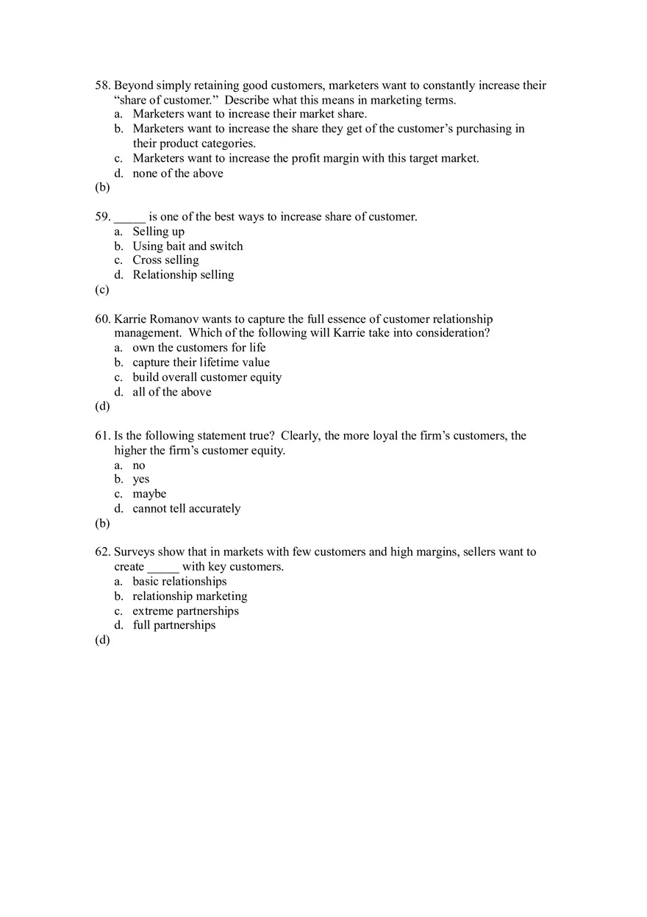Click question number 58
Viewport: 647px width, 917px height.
coord(103,86)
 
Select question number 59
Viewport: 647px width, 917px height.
coord(103,217)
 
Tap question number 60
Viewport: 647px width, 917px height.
coord(103,319)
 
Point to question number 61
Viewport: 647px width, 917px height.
coord(103,436)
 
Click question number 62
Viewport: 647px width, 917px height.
coord(103,552)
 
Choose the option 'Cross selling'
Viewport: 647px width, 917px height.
coord(165,260)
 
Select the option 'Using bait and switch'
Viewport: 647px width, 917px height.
coord(187,246)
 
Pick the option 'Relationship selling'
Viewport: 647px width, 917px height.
coord(183,275)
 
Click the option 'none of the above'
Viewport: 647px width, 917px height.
coord(178,174)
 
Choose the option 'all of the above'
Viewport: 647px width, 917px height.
coord(172,392)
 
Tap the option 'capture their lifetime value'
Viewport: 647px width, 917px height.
coord(201,363)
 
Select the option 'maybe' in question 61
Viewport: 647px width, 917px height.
coord(149,494)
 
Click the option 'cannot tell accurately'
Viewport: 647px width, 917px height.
coord(186,509)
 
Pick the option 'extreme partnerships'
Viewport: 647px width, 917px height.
coord(185,611)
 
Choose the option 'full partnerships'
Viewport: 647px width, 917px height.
coord(174,625)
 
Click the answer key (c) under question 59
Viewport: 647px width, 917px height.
coord(102,290)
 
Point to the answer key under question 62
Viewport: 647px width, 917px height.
coord(102,640)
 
